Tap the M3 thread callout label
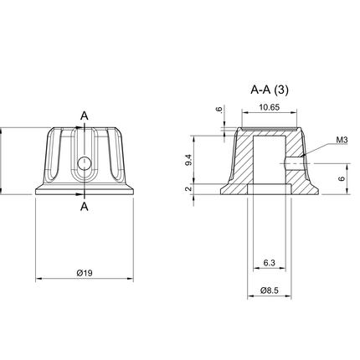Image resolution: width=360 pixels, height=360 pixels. coord(342,140)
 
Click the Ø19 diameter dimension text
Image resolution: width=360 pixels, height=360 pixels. coord(84,273)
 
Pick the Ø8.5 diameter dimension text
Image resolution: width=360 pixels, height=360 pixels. coord(268,291)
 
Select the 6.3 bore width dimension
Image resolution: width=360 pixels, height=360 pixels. coord(268,263)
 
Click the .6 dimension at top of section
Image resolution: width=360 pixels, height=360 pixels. coord(219,109)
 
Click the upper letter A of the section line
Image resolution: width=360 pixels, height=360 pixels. coord(85,115)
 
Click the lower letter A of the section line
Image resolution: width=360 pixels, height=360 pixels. coord(85,206)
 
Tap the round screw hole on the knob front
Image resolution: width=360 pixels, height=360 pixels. coord(85,162)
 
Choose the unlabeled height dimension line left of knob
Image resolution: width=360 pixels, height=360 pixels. coord(4,161)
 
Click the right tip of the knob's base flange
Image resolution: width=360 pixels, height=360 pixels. coord(133,190)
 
